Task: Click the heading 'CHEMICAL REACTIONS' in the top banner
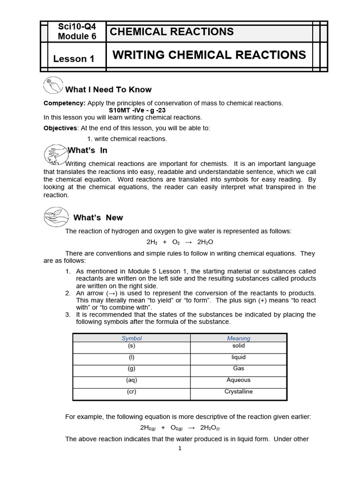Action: [x=171, y=32]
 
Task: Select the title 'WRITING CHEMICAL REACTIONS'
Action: [x=209, y=55]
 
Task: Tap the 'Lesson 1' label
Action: [x=74, y=59]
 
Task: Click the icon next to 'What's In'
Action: [x=55, y=153]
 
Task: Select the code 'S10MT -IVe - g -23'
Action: [x=137, y=110]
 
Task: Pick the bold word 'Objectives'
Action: [x=60, y=128]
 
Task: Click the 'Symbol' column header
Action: [x=132, y=338]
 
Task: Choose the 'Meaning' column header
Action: [x=239, y=338]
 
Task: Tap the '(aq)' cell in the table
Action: [x=132, y=380]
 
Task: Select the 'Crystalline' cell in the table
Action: [x=239, y=392]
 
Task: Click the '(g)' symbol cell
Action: [x=132, y=368]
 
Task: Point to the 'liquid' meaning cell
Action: [x=239, y=357]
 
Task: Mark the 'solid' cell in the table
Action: [x=239, y=346]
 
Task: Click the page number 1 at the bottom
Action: [x=180, y=448]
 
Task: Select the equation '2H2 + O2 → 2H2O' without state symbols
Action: [x=180, y=242]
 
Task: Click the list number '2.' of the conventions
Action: [x=68, y=292]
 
